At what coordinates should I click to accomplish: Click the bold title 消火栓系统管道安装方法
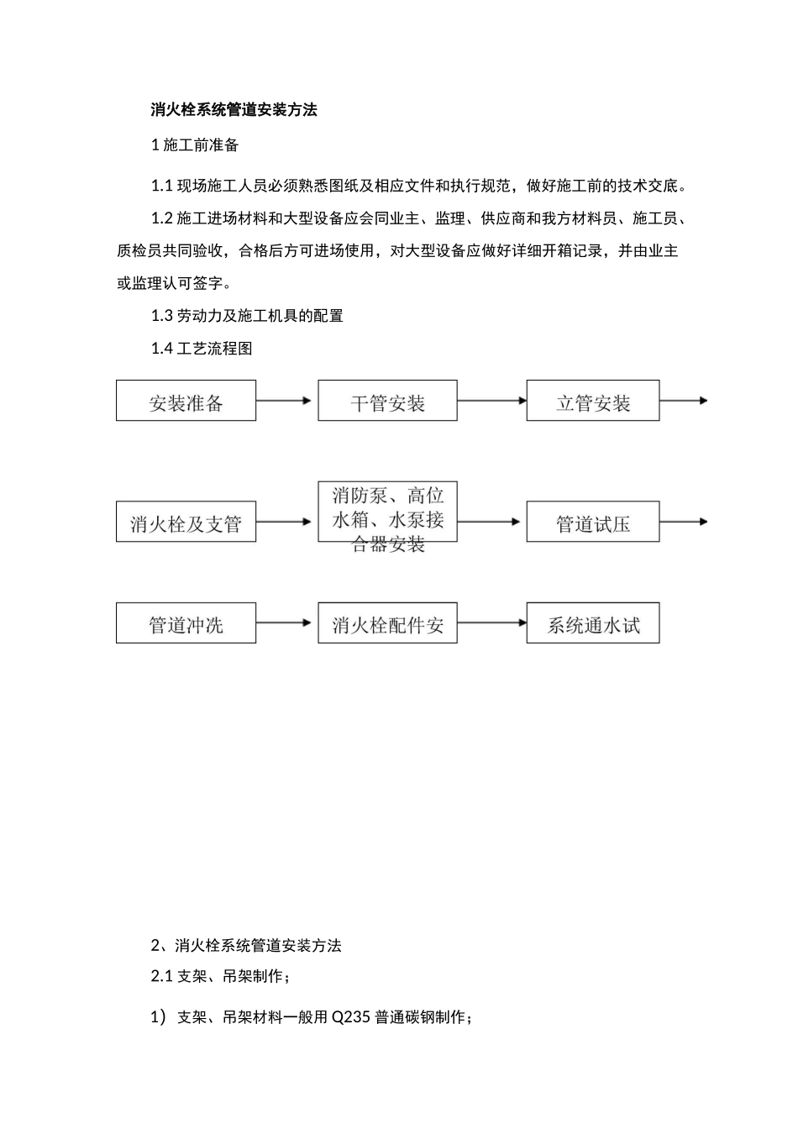(x=234, y=109)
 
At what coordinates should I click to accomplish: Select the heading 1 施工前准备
(x=195, y=145)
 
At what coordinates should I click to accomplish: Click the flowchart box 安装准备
(x=186, y=400)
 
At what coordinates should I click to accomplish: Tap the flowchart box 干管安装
(x=387, y=400)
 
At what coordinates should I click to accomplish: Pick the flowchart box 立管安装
(x=593, y=400)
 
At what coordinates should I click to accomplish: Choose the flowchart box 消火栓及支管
(x=186, y=522)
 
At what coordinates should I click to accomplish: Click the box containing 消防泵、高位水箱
(x=387, y=512)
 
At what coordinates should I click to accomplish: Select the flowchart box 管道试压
(x=593, y=522)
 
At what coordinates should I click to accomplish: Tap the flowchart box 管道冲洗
(x=186, y=622)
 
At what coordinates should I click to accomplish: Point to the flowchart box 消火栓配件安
(x=387, y=622)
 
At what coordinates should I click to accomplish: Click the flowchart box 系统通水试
(x=593, y=622)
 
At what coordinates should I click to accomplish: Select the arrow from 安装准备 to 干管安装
(x=283, y=401)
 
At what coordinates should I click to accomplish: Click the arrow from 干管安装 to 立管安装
(x=492, y=401)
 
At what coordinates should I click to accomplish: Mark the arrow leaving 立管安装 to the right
(x=684, y=401)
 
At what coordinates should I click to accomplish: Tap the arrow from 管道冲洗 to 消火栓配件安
(x=283, y=622)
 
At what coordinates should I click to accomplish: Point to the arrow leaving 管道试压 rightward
(x=684, y=522)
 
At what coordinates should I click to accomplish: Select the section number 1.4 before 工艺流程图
(x=162, y=349)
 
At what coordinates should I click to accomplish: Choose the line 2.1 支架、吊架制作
(x=221, y=976)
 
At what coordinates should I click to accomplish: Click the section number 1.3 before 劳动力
(x=162, y=316)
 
